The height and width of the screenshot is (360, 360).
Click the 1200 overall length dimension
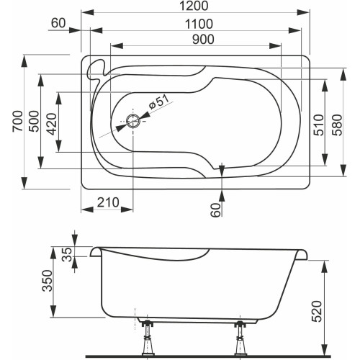click(192, 6)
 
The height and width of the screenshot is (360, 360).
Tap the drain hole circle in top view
click(133, 121)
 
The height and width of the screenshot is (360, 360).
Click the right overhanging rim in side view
click(305, 253)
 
